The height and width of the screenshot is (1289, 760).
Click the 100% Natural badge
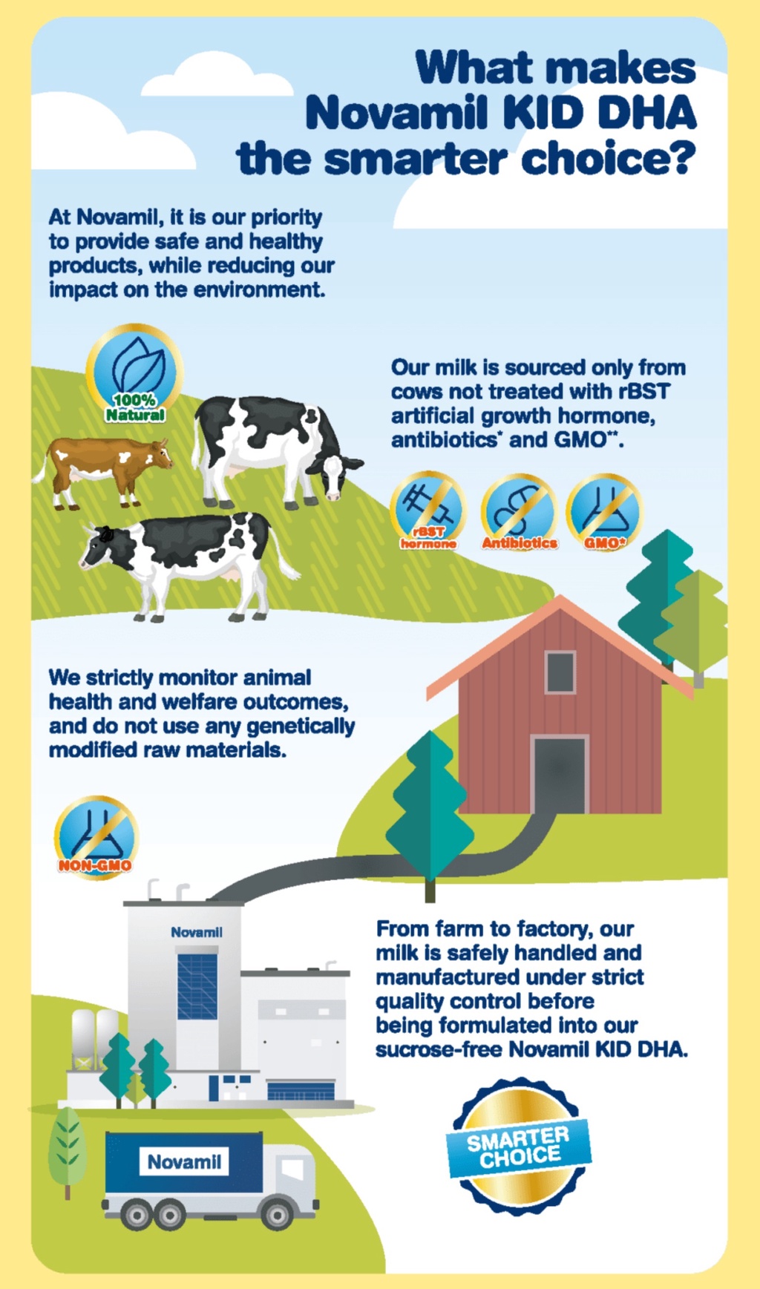click(134, 373)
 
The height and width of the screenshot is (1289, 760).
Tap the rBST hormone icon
click(428, 511)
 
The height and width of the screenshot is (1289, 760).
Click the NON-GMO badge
click(96, 837)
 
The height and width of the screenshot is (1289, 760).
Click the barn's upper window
click(560, 672)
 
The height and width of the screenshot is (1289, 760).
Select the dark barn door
click(560, 774)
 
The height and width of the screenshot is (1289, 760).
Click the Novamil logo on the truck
click(184, 1161)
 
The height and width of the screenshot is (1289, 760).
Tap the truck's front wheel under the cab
click(278, 1215)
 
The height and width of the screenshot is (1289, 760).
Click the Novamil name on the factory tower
click(197, 932)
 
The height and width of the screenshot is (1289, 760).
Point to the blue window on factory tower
click(197, 986)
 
